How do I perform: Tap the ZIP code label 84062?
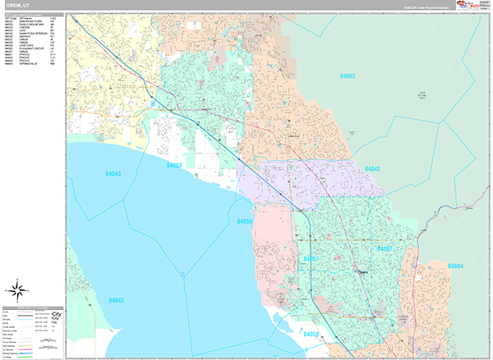pyautogui.click(x=348, y=76)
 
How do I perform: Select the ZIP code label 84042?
pyautogui.click(x=371, y=168)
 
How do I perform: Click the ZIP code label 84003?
pyautogui.click(x=174, y=165)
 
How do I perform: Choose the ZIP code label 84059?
pyautogui.click(x=244, y=222)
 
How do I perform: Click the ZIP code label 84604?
pyautogui.click(x=455, y=266)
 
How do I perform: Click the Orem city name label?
pyautogui.click(x=363, y=270)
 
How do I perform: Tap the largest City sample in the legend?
pyautogui.click(x=57, y=315)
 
